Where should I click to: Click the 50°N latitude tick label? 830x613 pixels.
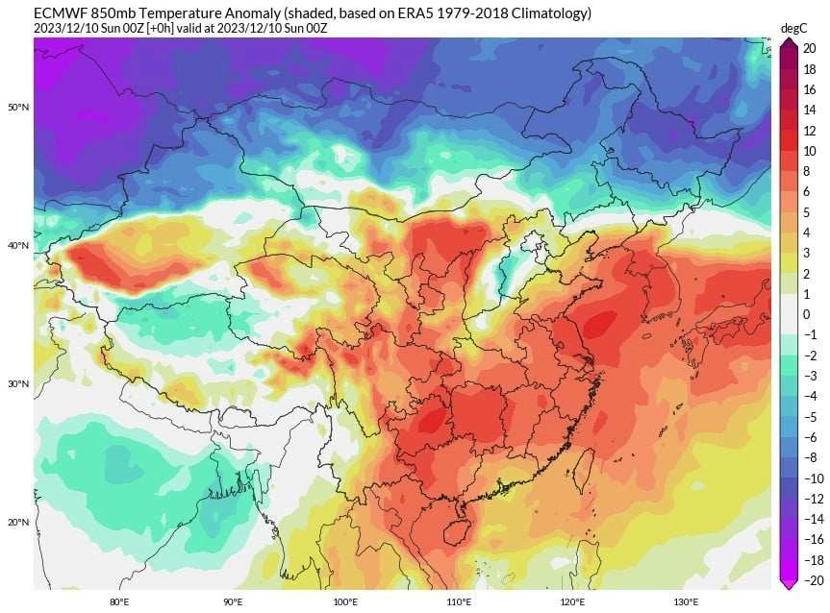pyautogui.click(x=18, y=107)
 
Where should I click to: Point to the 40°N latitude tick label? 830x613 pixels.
pyautogui.click(x=18, y=246)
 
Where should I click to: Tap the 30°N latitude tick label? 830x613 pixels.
pyautogui.click(x=18, y=384)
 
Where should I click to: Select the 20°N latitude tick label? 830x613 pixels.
pyautogui.click(x=18, y=523)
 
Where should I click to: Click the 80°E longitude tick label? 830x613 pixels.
pyautogui.click(x=119, y=602)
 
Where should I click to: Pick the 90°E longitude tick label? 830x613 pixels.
pyautogui.click(x=233, y=602)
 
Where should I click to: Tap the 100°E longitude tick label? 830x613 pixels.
pyautogui.click(x=345, y=602)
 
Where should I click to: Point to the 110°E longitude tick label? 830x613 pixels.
pyautogui.click(x=459, y=602)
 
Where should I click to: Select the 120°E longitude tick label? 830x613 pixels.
pyautogui.click(x=572, y=602)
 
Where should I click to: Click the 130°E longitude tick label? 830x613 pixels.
pyautogui.click(x=686, y=602)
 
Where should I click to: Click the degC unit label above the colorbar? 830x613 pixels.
pyautogui.click(x=792, y=28)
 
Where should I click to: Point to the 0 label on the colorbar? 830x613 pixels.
pyautogui.click(x=807, y=314)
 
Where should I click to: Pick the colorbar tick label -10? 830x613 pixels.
pyautogui.click(x=814, y=478)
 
